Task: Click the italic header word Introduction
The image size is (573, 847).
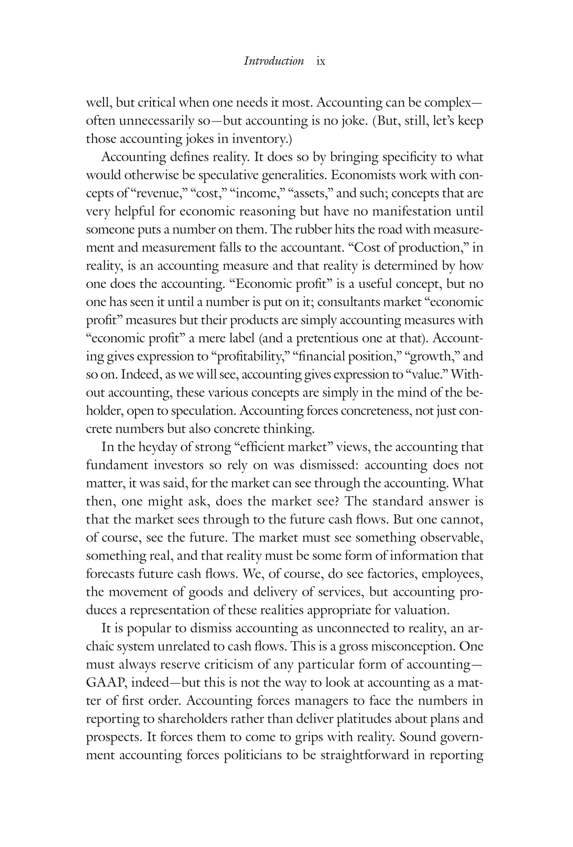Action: (x=274, y=61)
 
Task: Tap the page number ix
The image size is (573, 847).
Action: (x=320, y=61)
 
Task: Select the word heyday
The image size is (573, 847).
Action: (x=157, y=447)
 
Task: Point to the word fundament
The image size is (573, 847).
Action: (x=117, y=465)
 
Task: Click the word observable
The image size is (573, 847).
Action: (x=452, y=538)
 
